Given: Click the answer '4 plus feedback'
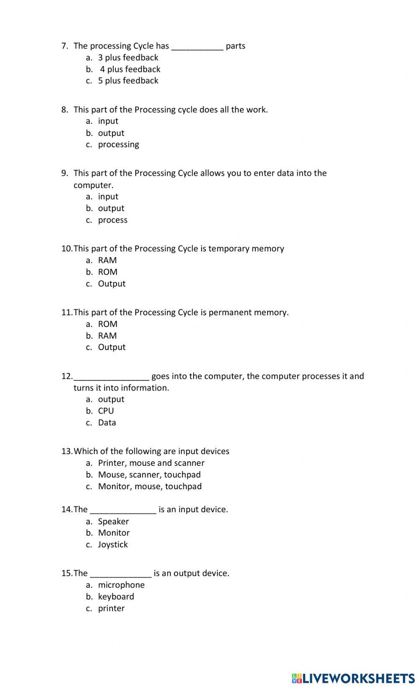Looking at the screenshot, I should pos(130,69).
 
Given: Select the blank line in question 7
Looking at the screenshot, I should pos(197,48).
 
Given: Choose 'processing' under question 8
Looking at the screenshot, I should pos(118,145).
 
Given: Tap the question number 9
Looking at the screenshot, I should pos(64,173).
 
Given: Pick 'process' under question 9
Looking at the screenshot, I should pos(112,220).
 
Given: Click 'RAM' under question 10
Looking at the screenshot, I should pos(107,260).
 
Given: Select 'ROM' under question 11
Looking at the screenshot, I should pos(107,324).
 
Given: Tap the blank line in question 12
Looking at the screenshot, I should pos(111,378).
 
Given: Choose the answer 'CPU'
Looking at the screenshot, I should pos(106,411).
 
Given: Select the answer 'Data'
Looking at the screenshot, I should pos(107,423).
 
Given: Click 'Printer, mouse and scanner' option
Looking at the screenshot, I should pos(151,463).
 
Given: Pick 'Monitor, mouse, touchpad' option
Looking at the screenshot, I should pos(150,486).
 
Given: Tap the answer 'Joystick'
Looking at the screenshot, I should pos(112,544).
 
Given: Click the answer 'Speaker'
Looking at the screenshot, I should pos(113,521).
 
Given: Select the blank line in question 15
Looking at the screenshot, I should pos(120,575).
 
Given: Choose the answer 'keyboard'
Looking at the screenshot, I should pos(116,597).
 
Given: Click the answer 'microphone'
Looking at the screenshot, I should pos(121,585).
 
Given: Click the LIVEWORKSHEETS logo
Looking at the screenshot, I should pos(353,678).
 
